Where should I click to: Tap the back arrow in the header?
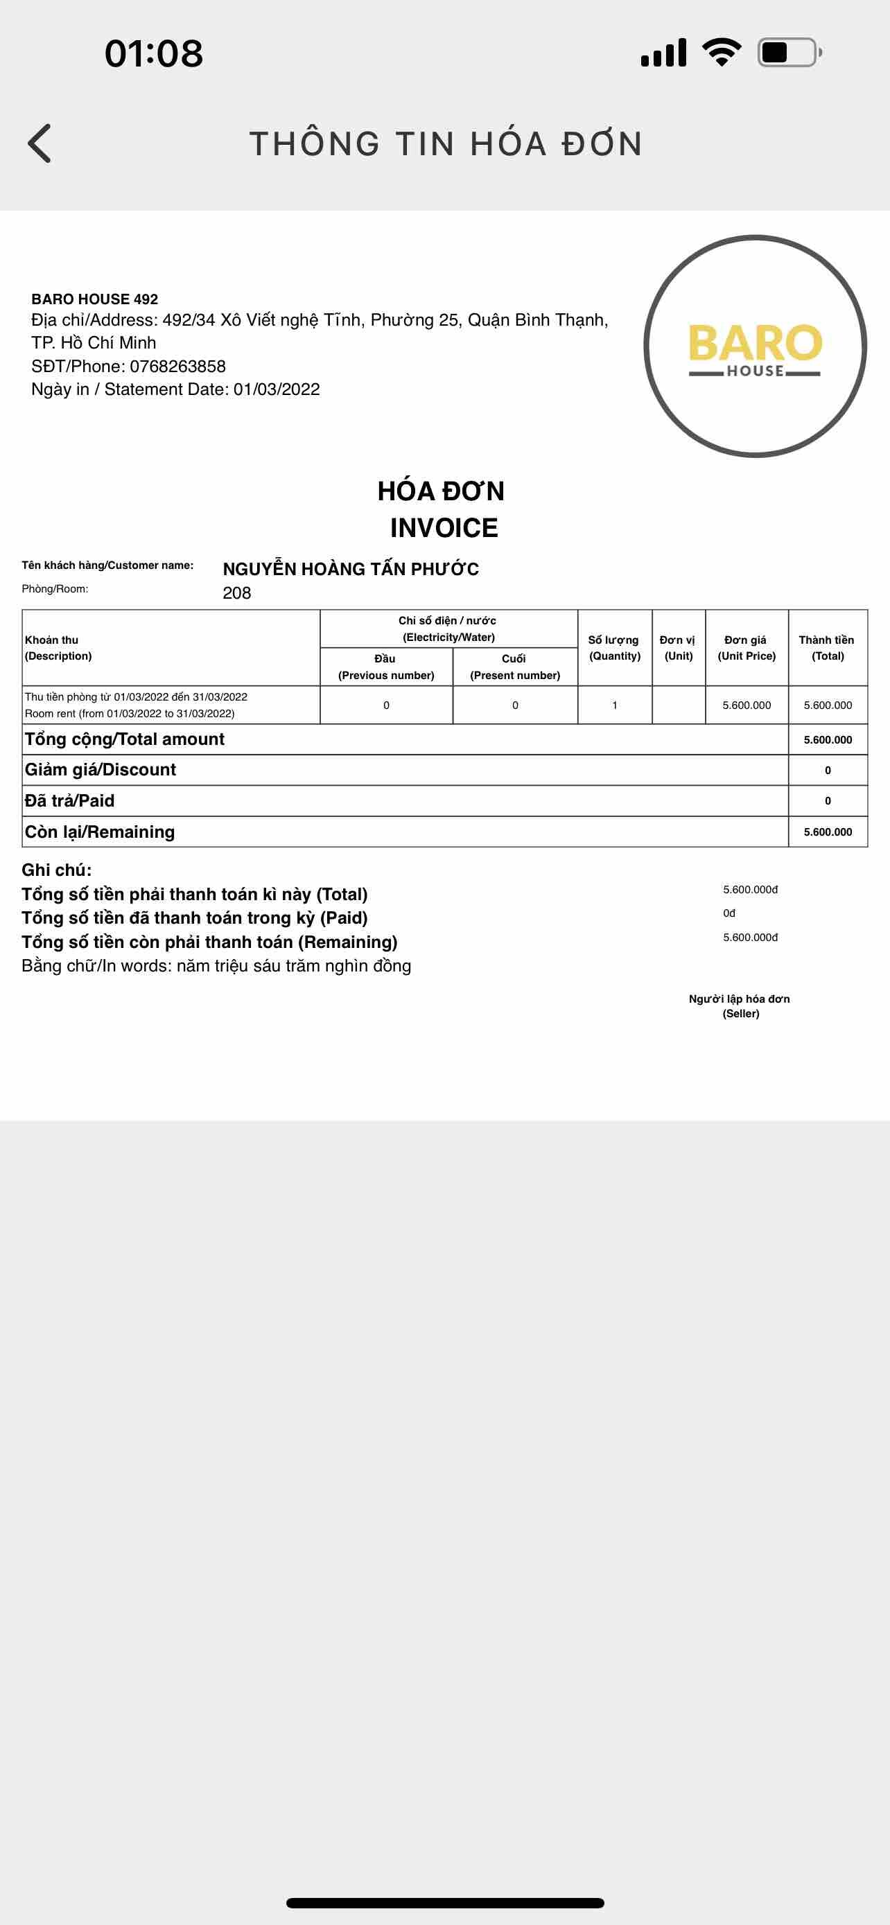point(40,143)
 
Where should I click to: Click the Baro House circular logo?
point(755,346)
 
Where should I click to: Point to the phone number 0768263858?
point(178,366)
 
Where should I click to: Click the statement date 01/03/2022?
point(277,389)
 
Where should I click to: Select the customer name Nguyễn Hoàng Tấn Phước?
point(351,569)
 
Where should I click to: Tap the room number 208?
point(237,592)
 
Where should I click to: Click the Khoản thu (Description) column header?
point(58,648)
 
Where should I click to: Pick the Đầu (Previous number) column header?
point(385,667)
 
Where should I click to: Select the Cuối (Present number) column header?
point(515,667)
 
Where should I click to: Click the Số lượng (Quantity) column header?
point(614,648)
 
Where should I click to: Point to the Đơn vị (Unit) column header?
point(679,648)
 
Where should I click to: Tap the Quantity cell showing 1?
point(614,705)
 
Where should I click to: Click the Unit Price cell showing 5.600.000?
point(747,705)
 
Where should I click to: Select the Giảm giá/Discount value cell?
point(827,771)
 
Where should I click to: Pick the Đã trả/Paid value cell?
point(827,801)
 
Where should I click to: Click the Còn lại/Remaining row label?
point(99,832)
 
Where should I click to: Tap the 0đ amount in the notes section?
point(729,913)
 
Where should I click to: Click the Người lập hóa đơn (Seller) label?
point(740,1006)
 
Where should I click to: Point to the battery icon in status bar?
point(789,52)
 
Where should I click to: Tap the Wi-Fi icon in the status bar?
point(721,52)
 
